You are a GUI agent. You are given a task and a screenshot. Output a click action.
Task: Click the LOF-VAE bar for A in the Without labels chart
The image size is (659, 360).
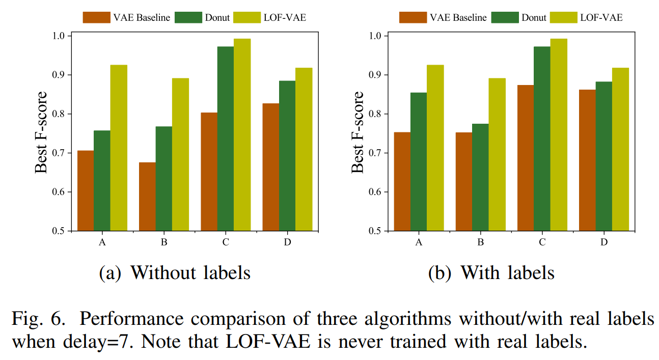tap(119, 148)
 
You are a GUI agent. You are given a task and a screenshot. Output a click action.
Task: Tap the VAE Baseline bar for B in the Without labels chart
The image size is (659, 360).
tap(147, 197)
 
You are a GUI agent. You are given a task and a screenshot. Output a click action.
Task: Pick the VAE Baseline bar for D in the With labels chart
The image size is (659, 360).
tap(587, 160)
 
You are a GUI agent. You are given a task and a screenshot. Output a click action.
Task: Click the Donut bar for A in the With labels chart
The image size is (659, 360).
tap(419, 161)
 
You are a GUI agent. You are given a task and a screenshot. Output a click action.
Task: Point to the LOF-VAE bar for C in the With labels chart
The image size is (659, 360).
tap(559, 135)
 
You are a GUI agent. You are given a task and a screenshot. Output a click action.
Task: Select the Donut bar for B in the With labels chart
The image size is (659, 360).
tap(480, 177)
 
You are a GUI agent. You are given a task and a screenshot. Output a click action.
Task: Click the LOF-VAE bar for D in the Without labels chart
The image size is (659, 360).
tap(304, 149)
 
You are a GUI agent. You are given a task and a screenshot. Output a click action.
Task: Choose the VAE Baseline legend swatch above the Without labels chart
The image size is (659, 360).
tap(96, 17)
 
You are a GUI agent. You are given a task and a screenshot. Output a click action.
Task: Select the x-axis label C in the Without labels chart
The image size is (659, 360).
tap(226, 242)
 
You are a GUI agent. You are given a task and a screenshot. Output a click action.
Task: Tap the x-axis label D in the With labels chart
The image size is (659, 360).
tap(604, 242)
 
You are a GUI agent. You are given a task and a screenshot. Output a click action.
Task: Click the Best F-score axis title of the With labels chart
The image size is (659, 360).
tap(358, 132)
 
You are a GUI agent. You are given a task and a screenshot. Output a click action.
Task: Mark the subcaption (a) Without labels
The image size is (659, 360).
tap(175, 273)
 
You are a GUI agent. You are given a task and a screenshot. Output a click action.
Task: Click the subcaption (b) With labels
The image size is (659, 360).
tap(491, 273)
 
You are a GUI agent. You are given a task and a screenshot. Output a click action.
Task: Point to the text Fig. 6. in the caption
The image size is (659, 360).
tap(39, 319)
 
